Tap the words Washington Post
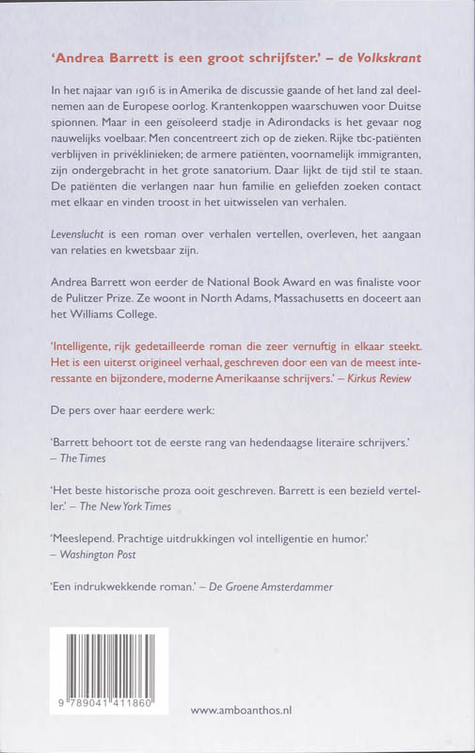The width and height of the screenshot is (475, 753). tap(98, 554)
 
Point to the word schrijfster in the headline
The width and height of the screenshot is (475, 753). tap(230, 57)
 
